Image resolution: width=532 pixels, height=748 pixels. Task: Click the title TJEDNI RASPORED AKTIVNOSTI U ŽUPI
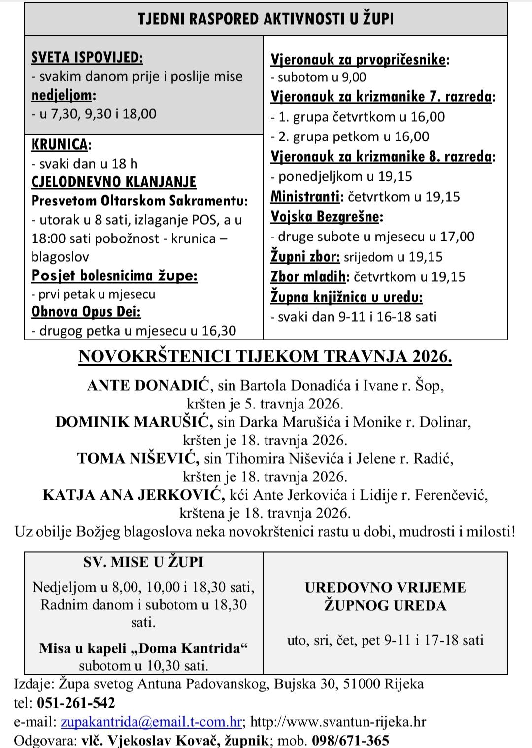coord(266,19)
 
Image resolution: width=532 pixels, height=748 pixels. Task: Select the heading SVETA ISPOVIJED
coord(87,58)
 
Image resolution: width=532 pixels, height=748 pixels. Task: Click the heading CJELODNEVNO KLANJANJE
coord(114,182)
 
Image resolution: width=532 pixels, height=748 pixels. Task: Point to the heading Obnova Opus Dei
coord(86,312)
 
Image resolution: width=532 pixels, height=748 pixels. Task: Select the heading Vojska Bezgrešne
coord(326,216)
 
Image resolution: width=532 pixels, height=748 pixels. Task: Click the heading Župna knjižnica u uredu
coord(346,297)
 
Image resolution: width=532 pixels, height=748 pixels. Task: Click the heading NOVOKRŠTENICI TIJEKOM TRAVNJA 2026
coord(265,356)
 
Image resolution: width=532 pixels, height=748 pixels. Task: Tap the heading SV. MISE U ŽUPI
coord(143,562)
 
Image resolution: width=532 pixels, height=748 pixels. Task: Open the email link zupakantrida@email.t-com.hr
coord(151,722)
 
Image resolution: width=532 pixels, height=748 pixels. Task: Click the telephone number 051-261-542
coord(76,703)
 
